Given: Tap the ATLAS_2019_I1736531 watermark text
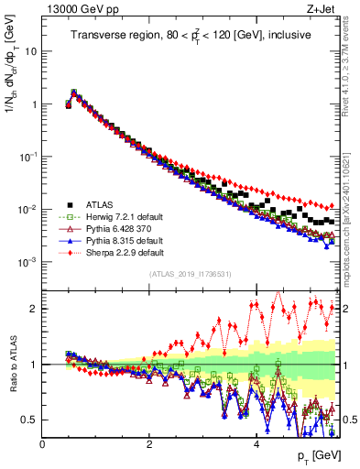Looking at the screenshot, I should (x=189, y=274).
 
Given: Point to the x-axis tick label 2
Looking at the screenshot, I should (x=149, y=444).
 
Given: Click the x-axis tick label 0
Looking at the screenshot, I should (x=43, y=444).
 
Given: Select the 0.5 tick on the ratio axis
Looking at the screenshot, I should (x=30, y=420).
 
